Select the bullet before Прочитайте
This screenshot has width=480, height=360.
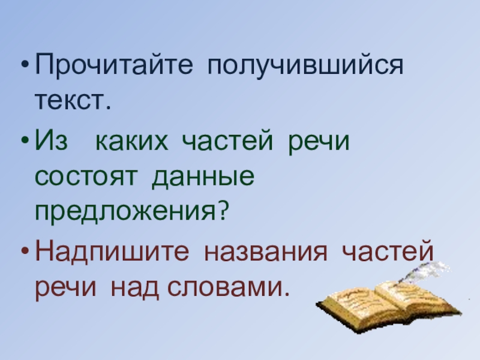(24, 65)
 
